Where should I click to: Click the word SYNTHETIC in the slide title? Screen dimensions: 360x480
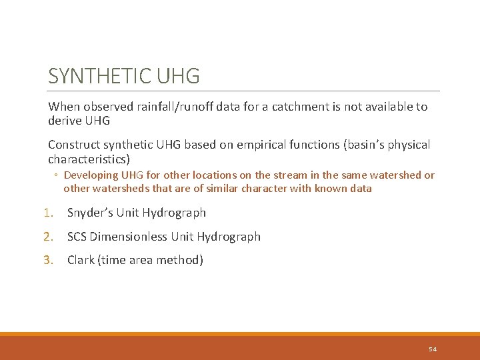pos(100,76)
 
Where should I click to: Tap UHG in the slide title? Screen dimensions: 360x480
pos(178,76)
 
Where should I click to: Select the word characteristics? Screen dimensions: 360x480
pos(87,159)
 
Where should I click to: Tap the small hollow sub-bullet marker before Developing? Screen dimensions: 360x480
pos(57,175)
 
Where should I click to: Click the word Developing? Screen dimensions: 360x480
pos(91,175)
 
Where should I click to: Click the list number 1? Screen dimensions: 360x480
pos(47,213)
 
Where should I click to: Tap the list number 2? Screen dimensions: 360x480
pos(47,237)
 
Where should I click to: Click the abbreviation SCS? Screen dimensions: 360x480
pos(77,237)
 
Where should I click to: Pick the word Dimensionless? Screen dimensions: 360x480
pos(129,237)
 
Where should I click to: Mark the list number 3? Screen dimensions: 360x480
pos(47,260)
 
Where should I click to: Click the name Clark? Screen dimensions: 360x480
pos(81,260)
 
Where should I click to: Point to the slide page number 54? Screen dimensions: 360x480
pos(433,349)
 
